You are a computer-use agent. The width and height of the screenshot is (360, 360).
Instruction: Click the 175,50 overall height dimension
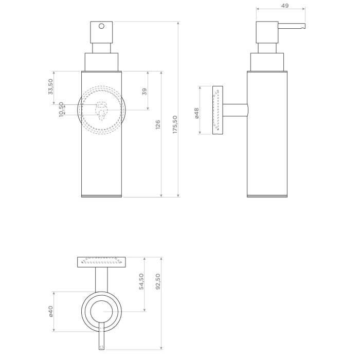click(x=175, y=124)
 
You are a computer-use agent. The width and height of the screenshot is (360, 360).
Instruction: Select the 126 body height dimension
click(x=158, y=124)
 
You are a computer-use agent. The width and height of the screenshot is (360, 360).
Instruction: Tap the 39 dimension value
click(x=145, y=91)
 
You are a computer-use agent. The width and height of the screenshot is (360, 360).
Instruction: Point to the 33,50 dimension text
click(x=50, y=86)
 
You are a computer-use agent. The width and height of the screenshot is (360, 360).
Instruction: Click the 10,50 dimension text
click(x=61, y=109)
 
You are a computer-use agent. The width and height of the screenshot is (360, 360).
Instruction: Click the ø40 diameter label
click(x=51, y=312)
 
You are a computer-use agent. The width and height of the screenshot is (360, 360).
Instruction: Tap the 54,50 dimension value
click(x=141, y=281)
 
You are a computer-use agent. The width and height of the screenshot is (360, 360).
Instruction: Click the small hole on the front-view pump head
click(x=101, y=26)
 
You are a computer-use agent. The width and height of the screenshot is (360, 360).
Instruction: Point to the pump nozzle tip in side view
click(x=303, y=27)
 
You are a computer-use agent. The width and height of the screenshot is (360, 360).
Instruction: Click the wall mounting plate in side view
click(x=218, y=110)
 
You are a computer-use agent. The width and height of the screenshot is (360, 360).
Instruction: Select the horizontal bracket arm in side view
click(x=235, y=110)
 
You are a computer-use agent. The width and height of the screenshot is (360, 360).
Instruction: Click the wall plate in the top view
click(x=101, y=262)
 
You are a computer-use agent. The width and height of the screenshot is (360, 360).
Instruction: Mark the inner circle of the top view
click(x=101, y=312)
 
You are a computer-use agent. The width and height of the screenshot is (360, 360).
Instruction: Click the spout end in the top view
click(x=101, y=348)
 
